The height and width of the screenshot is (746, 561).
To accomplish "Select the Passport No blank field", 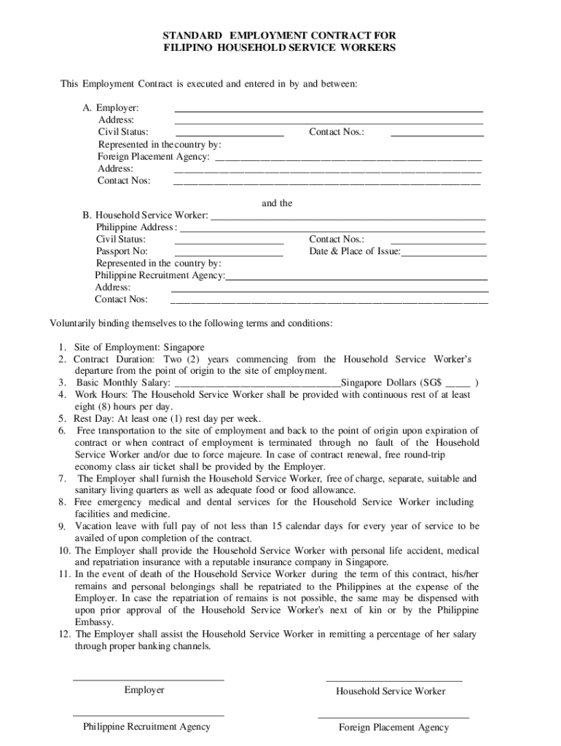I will click(x=229, y=256).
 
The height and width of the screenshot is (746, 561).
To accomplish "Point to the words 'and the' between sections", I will click(x=277, y=203).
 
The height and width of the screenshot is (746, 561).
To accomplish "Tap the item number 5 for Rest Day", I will click(x=63, y=419).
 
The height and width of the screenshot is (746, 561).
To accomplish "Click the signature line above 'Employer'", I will click(x=149, y=680).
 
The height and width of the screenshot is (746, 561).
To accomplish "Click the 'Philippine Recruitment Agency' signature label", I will click(x=146, y=726).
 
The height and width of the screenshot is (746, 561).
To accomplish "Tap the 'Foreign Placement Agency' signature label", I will click(x=393, y=727).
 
